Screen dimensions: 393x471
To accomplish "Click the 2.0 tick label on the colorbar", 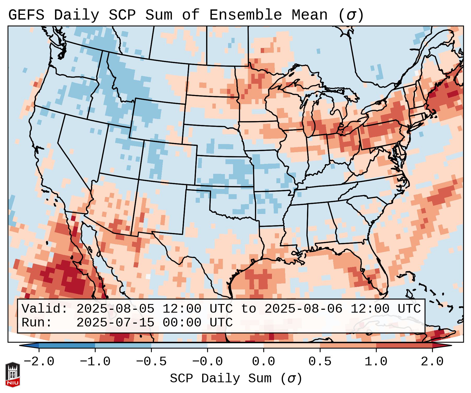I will click(432, 362).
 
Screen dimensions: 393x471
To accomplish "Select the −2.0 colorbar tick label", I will click(39, 362).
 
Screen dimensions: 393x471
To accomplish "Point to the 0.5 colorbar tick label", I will click(320, 362).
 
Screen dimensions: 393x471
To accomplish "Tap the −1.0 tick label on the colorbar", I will click(95, 362).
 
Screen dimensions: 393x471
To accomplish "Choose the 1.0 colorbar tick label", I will click(376, 362).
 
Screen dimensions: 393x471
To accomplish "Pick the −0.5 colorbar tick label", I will click(151, 362).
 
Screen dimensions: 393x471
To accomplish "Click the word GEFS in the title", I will click(26, 15).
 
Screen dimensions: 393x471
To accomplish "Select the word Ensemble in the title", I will click(246, 15).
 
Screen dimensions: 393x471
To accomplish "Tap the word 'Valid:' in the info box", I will click(45, 309).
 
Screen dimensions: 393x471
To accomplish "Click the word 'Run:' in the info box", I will click(37, 323).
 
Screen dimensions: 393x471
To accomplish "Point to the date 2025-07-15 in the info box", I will click(115, 323).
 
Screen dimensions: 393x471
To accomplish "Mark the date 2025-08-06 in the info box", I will click(303, 309).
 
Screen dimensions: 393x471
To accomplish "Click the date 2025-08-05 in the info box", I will click(115, 309).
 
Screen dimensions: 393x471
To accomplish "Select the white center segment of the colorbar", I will click(235, 346).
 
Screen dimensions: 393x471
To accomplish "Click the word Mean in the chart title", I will click(310, 15).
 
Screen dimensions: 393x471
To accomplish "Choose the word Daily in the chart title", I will click(77, 15).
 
